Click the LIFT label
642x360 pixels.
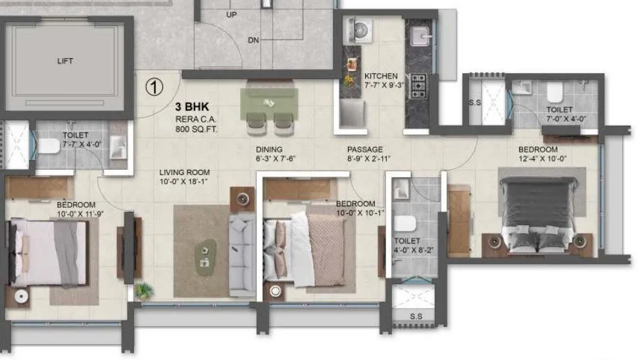coord(64,61)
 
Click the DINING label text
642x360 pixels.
coord(270,149)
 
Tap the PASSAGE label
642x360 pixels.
coord(364,149)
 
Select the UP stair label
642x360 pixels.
coord(231,14)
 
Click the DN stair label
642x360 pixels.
coord(253,40)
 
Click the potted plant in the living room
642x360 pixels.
coord(142,290)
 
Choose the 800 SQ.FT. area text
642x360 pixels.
coord(196,130)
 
